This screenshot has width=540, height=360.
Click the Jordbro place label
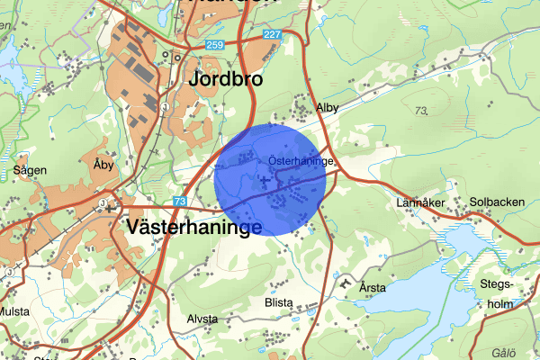(x=226, y=79)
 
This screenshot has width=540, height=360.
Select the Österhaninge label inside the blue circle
(x=301, y=161)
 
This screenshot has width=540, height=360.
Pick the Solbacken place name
(x=497, y=202)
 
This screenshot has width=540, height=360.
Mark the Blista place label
(x=279, y=302)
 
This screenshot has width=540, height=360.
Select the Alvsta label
(x=202, y=319)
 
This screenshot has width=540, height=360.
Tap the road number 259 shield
(x=213, y=44)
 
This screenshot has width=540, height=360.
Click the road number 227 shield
(x=272, y=34)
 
